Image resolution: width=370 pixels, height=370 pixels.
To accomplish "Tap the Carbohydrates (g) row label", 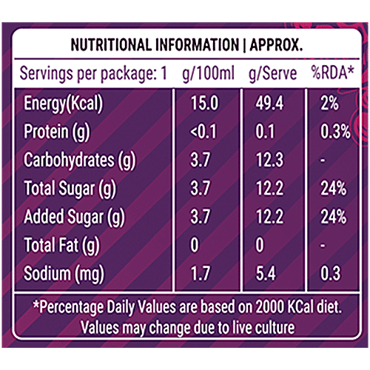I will [x=79, y=160].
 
